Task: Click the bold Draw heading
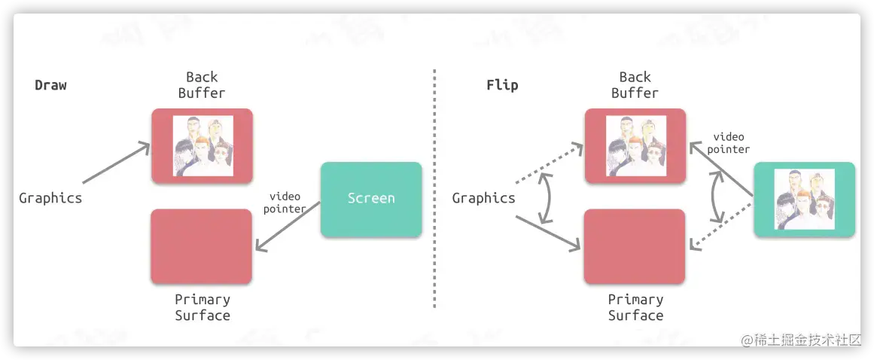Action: pyautogui.click(x=50, y=85)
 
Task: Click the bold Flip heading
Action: pyautogui.click(x=502, y=85)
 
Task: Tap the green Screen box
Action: pyautogui.click(x=371, y=199)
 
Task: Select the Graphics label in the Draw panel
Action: pyautogui.click(x=50, y=199)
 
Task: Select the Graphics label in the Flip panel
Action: pyautogui.click(x=483, y=199)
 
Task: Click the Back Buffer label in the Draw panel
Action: pyautogui.click(x=202, y=85)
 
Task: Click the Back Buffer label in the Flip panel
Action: pyautogui.click(x=635, y=85)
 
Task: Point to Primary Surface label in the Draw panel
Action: pyautogui.click(x=202, y=307)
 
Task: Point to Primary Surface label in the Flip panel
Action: pyautogui.click(x=635, y=307)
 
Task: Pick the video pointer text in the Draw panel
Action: pyautogui.click(x=285, y=203)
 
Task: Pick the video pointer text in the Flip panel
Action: pyautogui.click(x=729, y=143)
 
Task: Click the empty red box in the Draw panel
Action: pyautogui.click(x=201, y=246)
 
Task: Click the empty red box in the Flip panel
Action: pyautogui.click(x=635, y=246)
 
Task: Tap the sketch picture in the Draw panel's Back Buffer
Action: pyautogui.click(x=203, y=146)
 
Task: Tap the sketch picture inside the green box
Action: pyautogui.click(x=804, y=199)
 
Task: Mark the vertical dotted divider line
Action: pyautogui.click(x=434, y=188)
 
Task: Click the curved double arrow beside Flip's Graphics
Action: pyautogui.click(x=544, y=197)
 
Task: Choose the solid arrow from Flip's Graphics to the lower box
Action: pyautogui.click(x=547, y=233)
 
